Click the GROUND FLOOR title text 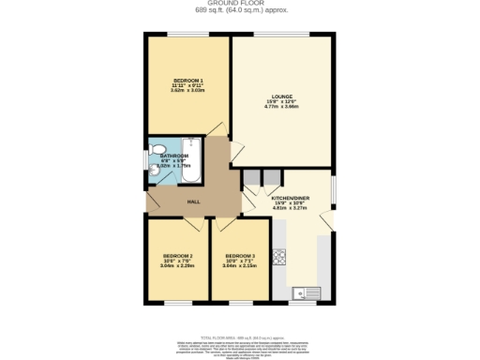tap(240, 4)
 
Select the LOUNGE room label tap(282, 96)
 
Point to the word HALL tap(193, 202)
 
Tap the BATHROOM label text tap(175, 156)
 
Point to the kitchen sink tap(306, 292)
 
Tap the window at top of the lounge tap(281, 35)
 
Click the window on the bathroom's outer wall tap(146, 159)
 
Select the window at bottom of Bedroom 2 tap(178, 303)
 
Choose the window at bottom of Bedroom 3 tap(240, 303)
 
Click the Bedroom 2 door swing tap(195, 223)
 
